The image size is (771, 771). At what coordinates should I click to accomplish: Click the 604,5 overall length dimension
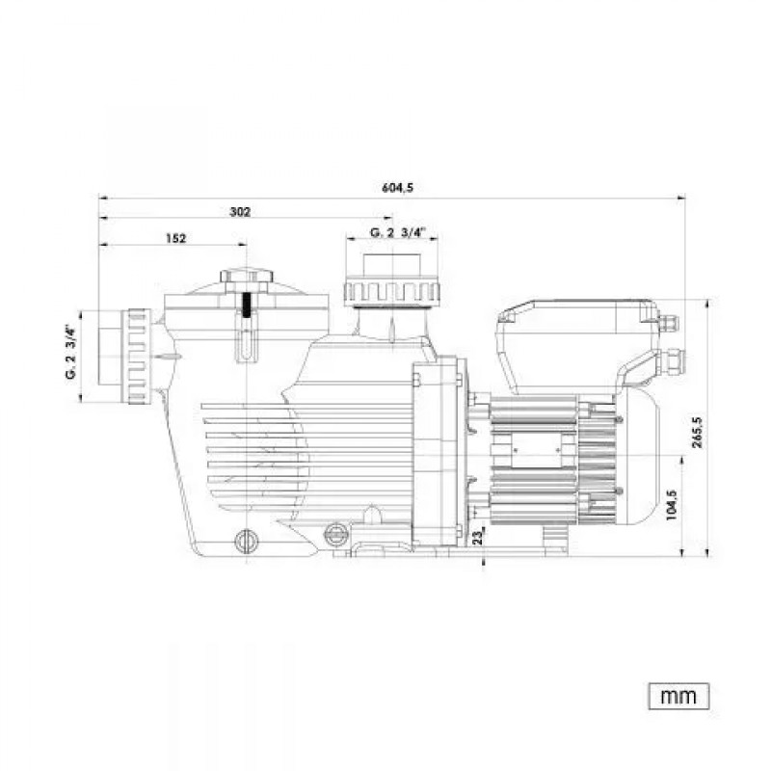tap(396, 189)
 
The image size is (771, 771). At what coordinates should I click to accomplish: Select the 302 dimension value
tap(240, 212)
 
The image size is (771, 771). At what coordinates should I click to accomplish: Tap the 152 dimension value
tap(174, 238)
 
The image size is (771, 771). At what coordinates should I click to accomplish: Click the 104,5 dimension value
tap(672, 503)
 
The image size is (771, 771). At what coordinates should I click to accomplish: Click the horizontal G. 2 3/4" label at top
tap(397, 232)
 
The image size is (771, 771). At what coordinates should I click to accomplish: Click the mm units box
tap(678, 694)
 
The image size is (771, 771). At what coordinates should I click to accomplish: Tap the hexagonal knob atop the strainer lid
tap(247, 279)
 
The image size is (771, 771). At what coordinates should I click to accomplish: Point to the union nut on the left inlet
tap(135, 356)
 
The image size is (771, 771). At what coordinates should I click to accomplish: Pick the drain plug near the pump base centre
tap(335, 534)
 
